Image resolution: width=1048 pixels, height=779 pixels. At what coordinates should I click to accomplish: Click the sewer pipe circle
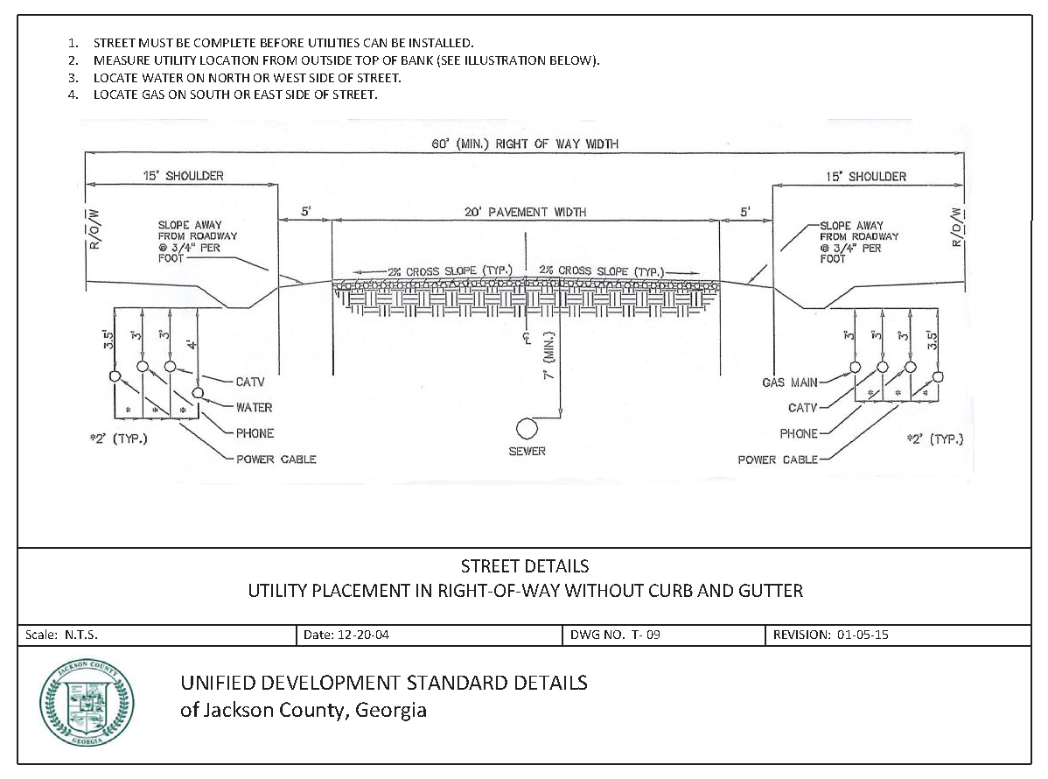point(527,428)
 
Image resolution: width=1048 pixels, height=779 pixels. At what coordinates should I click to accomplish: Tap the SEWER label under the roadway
point(527,452)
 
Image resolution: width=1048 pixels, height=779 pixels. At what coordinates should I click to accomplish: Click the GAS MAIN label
point(790,382)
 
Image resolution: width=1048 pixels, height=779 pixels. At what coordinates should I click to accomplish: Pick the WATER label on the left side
point(254,407)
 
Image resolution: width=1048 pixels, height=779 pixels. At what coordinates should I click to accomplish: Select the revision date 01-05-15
point(861,635)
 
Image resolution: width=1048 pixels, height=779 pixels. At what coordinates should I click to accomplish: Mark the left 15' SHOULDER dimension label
point(183,176)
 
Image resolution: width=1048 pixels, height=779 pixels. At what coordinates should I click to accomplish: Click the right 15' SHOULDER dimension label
point(866,176)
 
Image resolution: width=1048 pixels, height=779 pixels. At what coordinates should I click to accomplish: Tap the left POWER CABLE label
point(276,460)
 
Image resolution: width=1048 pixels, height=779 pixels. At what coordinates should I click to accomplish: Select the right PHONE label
point(799,434)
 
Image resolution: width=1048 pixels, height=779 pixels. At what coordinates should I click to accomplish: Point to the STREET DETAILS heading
point(524,566)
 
